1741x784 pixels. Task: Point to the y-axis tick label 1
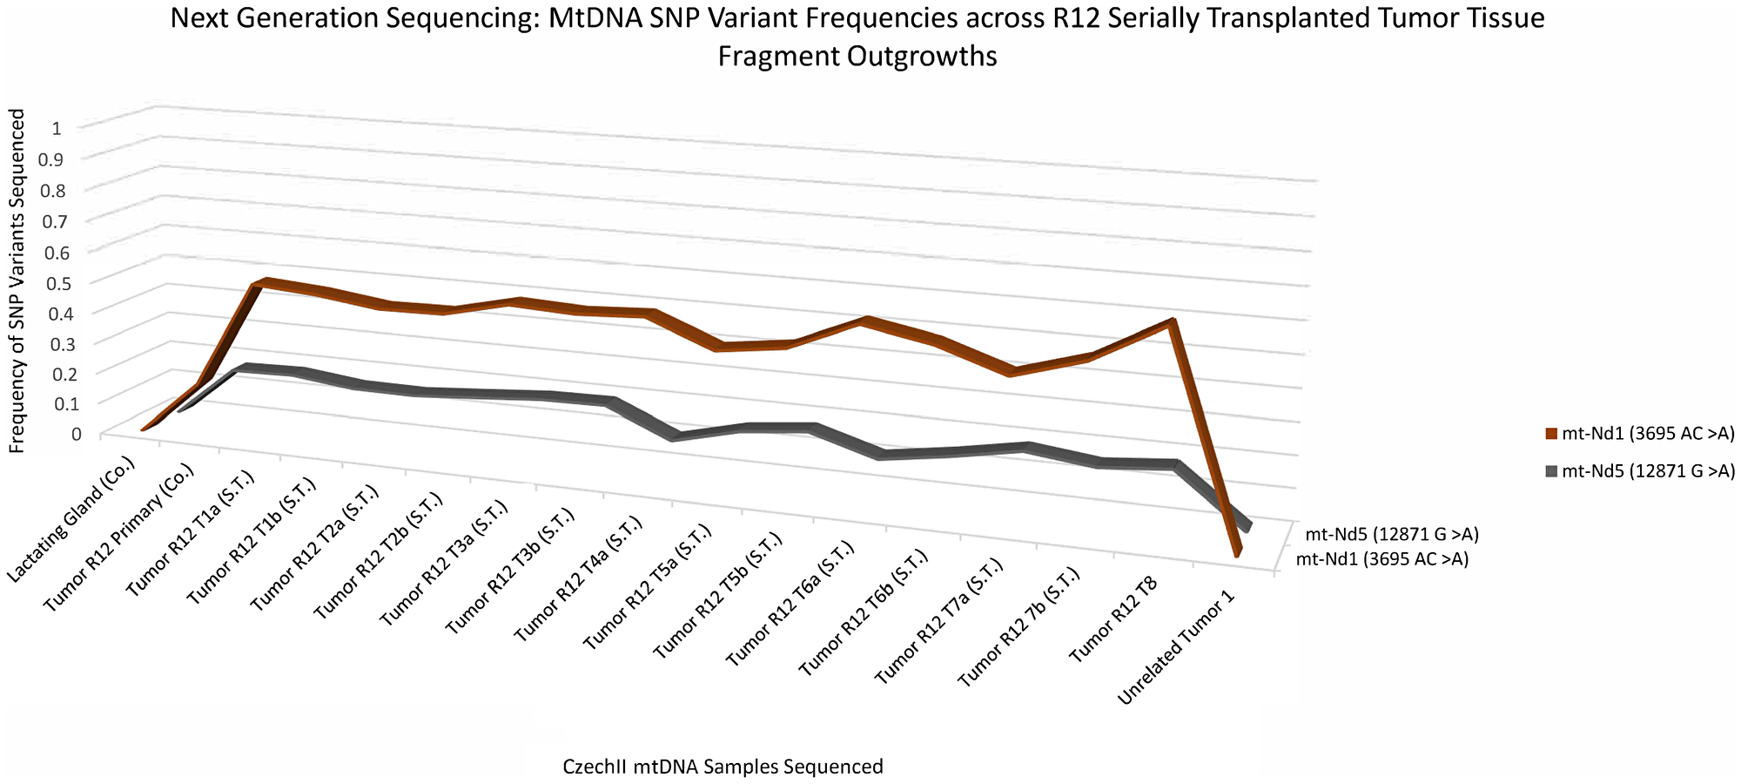57,129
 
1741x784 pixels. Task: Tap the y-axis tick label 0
77,434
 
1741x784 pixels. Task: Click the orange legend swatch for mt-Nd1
1551,434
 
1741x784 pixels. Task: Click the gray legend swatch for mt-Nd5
1551,471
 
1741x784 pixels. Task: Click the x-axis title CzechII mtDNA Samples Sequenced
723,767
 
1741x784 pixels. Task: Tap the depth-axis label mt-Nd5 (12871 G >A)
1391,534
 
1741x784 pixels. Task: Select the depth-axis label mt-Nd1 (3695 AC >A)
1382,559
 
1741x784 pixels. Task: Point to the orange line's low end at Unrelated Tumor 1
1237,551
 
